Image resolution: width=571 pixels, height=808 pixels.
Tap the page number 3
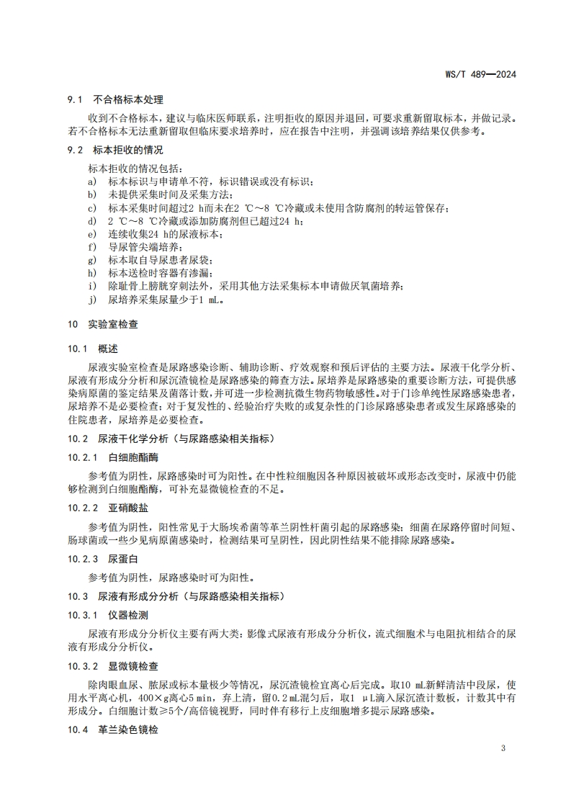503,748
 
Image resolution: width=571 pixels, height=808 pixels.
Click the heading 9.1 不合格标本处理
116,99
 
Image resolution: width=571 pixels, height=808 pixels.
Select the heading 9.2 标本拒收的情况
116,151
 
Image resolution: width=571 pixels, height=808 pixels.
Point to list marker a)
92,181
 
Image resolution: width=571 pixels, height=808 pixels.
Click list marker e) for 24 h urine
92,234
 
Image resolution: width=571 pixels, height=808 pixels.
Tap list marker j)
92,300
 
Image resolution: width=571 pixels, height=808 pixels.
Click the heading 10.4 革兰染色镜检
113,729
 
